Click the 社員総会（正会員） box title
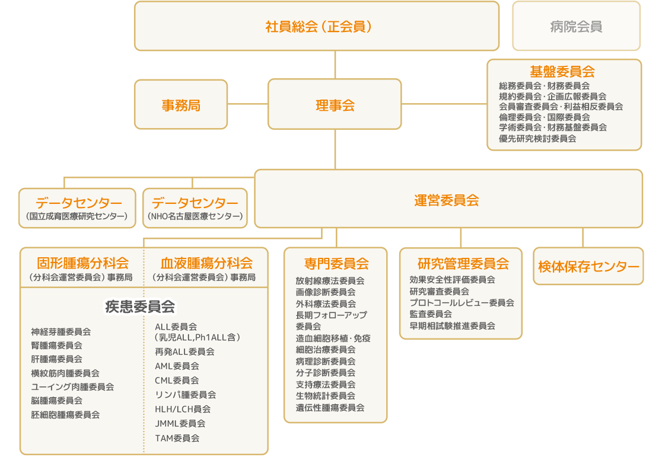click(319, 27)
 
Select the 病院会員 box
click(576, 26)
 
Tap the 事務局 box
click(181, 104)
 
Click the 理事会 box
click(335, 104)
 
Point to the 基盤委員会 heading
click(562, 71)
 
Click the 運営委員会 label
click(447, 200)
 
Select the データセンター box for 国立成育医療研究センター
click(77, 208)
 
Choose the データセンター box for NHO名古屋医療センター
click(195, 208)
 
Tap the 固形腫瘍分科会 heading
click(82, 263)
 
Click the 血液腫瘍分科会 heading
click(206, 263)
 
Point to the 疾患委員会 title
click(140, 306)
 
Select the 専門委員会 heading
click(336, 263)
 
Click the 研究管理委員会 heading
click(463, 263)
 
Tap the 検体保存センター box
click(588, 266)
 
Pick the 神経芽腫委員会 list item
click(61, 331)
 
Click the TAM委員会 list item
click(177, 438)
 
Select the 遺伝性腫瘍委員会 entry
click(330, 407)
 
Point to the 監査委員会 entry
click(431, 314)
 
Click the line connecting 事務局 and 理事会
click(248, 104)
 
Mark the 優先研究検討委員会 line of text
click(537, 138)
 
